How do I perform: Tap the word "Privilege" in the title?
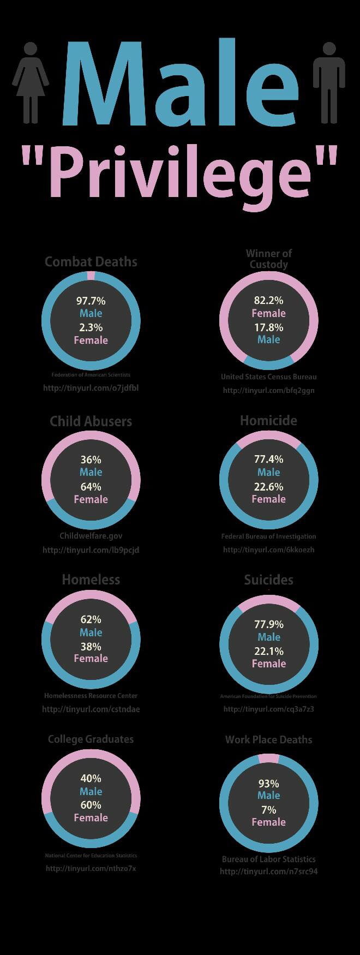pos(179,172)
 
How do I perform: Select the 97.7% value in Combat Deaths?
pos(91,301)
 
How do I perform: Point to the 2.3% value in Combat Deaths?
pos(91,327)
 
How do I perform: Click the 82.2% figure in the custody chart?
pos(268,300)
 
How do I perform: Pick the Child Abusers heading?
pos(91,421)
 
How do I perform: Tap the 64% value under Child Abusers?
pos(91,487)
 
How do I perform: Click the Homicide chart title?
pos(268,420)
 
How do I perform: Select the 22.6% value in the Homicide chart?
pos(268,486)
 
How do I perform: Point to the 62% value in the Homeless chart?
pos(91,619)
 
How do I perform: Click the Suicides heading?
pos(268,580)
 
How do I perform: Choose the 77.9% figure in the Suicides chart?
pos(268,624)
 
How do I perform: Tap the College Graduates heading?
pos(91,739)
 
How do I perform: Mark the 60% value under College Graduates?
pos(91,805)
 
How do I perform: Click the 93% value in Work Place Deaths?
pos(268,783)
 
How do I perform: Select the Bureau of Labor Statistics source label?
pos(268,859)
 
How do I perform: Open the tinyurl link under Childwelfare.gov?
pos(91,550)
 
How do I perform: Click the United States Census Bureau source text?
pos(268,377)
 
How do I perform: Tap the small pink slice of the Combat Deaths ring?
pos(91,276)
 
